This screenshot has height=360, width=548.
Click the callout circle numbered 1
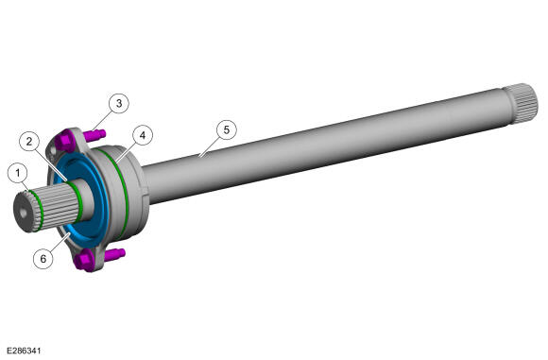coord(17,173)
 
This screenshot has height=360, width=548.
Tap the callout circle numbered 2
coord(29,141)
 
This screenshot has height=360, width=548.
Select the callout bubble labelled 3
coord(119,103)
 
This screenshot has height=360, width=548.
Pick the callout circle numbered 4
coord(143,135)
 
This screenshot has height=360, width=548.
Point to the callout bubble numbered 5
coord(227,130)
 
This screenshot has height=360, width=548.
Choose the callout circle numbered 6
coord(43,259)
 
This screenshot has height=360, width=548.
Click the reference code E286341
coord(24,351)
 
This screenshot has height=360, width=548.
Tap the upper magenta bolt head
coord(65,141)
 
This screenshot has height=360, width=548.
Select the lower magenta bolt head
coord(85,261)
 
